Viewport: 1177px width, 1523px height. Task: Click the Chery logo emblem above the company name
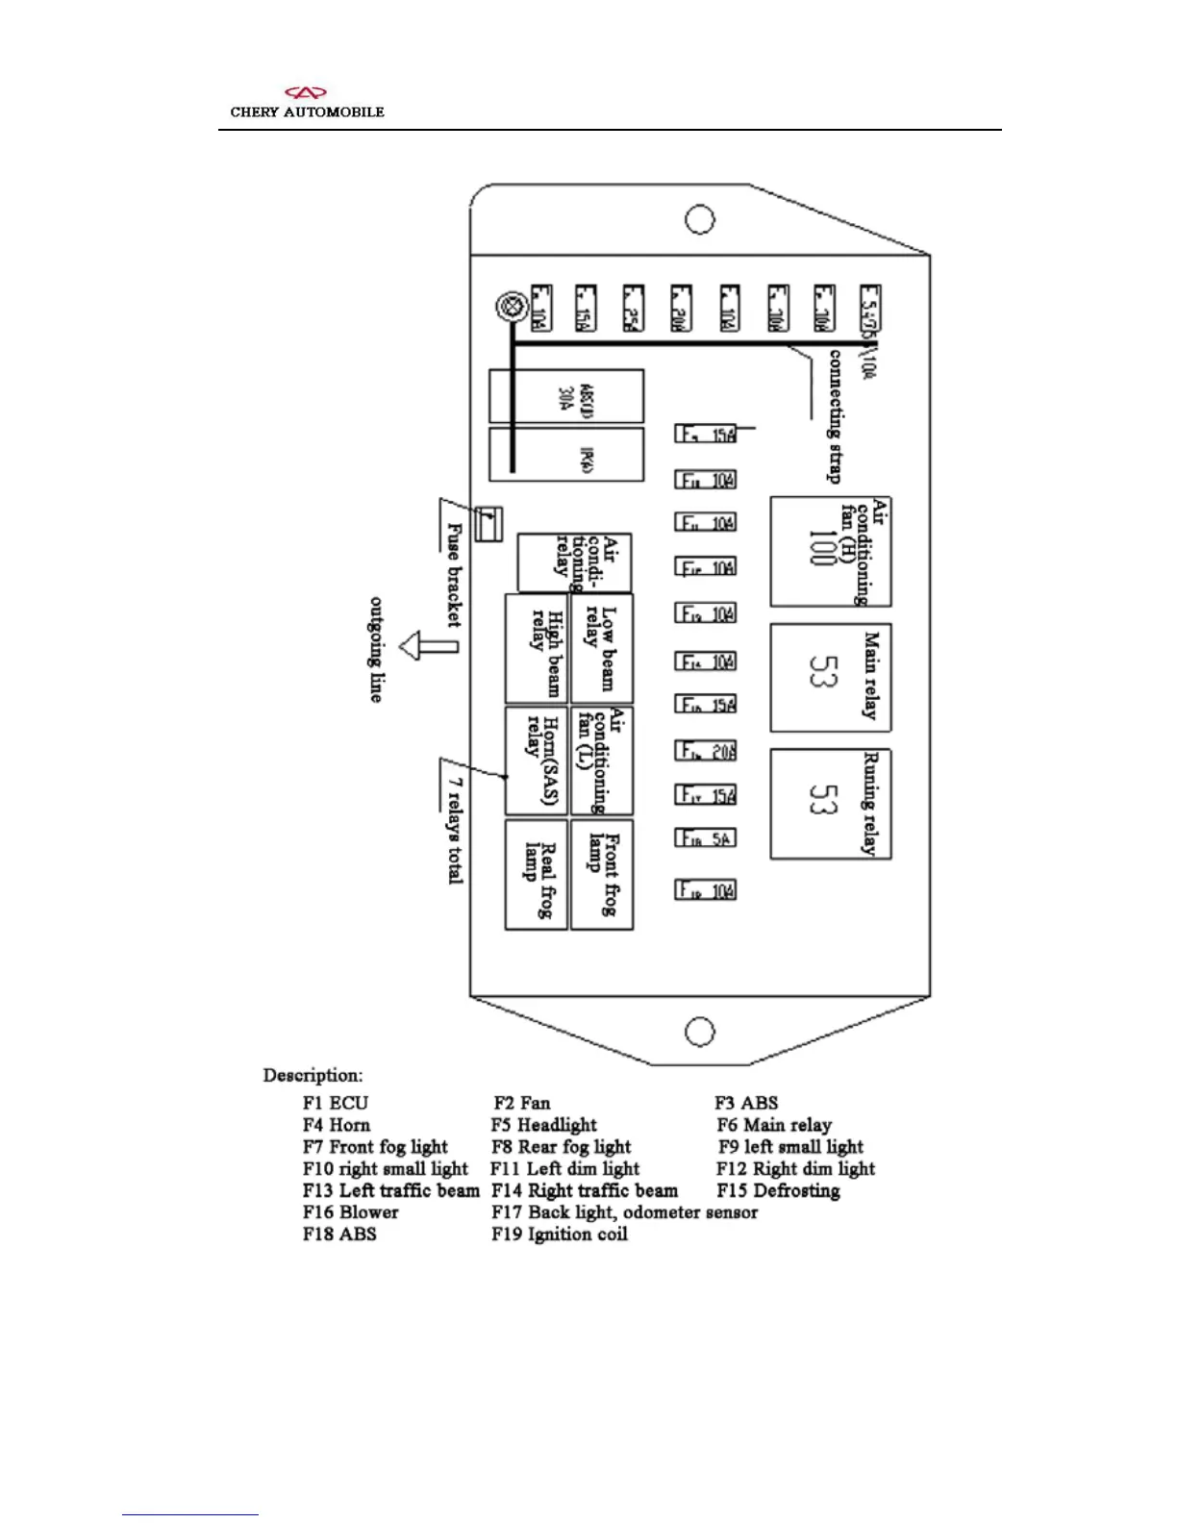click(x=307, y=93)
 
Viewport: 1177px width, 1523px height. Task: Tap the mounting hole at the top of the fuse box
click(x=699, y=219)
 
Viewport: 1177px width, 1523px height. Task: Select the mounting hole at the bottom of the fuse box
click(x=699, y=1032)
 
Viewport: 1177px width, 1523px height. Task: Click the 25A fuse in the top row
click(x=633, y=309)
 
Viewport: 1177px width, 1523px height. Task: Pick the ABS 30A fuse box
click(x=566, y=396)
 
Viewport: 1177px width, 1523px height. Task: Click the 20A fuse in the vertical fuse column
click(x=706, y=751)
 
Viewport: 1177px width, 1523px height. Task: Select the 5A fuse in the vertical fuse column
click(x=706, y=838)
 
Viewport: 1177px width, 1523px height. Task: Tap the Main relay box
click(x=830, y=677)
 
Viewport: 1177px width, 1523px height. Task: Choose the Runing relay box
click(x=830, y=804)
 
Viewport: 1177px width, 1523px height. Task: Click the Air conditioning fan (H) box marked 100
click(x=830, y=551)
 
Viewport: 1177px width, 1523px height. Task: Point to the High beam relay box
click(x=537, y=648)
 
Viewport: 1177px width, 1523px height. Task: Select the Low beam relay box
click(x=602, y=648)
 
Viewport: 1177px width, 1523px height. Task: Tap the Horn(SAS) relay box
click(x=537, y=761)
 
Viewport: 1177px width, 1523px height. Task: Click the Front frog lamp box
click(x=602, y=874)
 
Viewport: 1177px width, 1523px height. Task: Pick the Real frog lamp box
click(x=537, y=874)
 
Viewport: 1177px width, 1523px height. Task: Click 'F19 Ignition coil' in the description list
click(x=560, y=1235)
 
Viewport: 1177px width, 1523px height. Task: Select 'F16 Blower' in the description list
click(x=350, y=1212)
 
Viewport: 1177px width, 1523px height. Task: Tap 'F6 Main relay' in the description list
click(x=774, y=1125)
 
